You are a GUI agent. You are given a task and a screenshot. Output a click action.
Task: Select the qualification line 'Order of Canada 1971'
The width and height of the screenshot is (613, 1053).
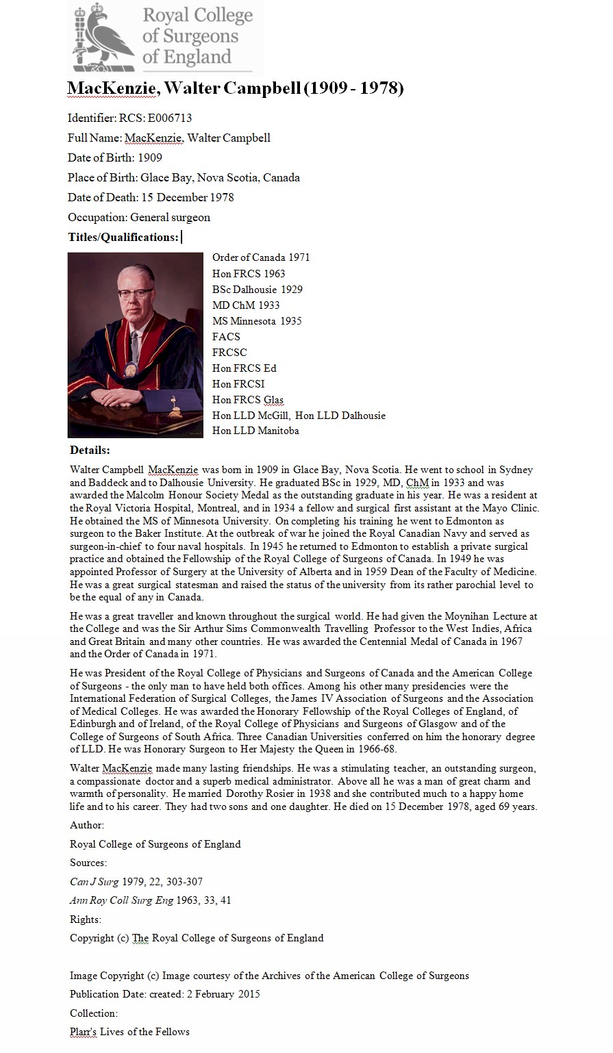(261, 257)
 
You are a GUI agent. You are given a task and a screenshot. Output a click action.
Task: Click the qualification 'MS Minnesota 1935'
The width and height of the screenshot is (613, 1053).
(257, 320)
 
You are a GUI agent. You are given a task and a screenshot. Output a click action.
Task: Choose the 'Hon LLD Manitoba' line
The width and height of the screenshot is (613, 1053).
(255, 431)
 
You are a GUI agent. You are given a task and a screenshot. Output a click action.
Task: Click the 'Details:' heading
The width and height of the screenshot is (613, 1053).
(90, 451)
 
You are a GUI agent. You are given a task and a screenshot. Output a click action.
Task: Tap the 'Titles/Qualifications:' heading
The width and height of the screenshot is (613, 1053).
(123, 237)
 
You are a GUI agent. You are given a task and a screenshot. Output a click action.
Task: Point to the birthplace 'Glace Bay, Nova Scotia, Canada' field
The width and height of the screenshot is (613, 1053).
(220, 177)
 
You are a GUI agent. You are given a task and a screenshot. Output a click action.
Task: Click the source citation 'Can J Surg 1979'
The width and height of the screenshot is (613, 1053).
(136, 882)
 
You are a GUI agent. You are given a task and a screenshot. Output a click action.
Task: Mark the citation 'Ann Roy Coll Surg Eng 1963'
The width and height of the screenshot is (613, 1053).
(150, 900)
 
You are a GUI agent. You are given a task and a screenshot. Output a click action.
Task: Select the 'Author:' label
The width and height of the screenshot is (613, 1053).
(87, 825)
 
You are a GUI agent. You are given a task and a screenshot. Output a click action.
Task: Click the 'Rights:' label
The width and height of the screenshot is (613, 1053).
(86, 919)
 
